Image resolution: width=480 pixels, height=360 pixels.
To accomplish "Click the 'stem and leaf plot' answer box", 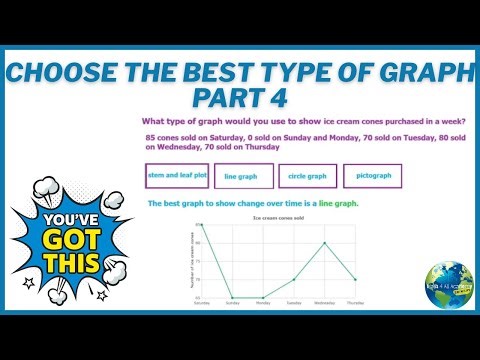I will click(x=177, y=175).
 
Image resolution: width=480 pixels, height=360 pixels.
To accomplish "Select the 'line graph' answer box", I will click(x=240, y=176).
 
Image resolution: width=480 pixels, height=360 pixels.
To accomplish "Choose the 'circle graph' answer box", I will click(x=307, y=176).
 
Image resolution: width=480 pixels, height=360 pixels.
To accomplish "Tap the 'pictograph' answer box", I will click(x=372, y=176).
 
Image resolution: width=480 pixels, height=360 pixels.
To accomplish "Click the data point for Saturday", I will click(x=201, y=225).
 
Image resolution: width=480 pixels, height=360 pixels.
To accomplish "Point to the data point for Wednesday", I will click(x=324, y=243).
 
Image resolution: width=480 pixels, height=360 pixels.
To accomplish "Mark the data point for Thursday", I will click(x=355, y=279).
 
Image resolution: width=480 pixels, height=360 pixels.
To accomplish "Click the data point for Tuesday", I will click(x=293, y=279).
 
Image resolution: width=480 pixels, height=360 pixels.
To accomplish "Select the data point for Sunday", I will click(x=232, y=297).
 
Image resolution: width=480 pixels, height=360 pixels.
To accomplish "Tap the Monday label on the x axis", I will click(x=262, y=302).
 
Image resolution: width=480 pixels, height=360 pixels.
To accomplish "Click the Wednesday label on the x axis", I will click(x=324, y=302).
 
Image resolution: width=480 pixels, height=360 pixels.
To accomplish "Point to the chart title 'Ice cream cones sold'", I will click(x=277, y=216).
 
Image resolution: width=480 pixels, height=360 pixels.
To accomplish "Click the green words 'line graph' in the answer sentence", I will click(x=338, y=204).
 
